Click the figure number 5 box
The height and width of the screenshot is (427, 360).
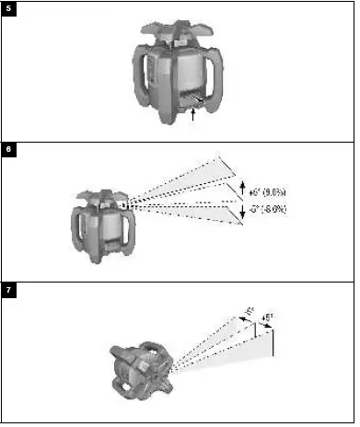click(9, 9)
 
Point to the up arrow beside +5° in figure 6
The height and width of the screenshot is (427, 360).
click(241, 190)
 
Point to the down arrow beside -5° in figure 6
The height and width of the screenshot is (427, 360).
click(241, 213)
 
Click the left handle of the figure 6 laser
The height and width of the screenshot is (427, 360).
click(80, 226)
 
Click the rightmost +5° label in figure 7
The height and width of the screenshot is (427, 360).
click(267, 319)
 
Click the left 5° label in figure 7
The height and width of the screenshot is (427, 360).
click(248, 311)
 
